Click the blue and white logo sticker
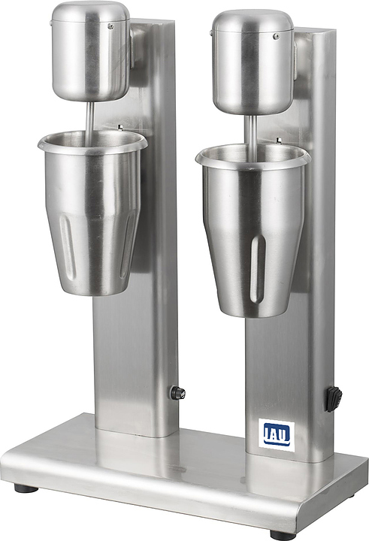tap(277, 435)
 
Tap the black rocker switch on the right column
tap(334, 399)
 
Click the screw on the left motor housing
tap(110, 26)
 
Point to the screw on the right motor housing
tap(276, 36)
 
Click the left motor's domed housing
tap(91, 51)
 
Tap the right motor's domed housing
tap(253, 62)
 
